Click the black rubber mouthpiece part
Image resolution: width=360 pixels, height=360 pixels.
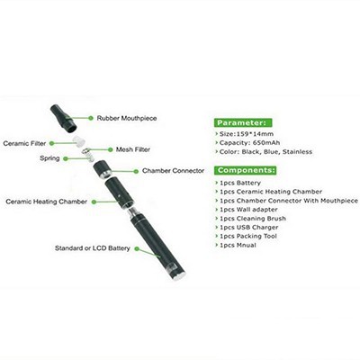(64, 118)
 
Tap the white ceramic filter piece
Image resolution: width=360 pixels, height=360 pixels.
(78, 140)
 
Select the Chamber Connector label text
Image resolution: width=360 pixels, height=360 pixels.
(173, 171)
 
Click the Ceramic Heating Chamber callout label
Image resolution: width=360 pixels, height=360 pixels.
(47, 202)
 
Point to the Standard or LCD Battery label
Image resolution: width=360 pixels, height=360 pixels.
(93, 248)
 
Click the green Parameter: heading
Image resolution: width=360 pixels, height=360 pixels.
(243, 122)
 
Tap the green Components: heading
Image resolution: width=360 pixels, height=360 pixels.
(246, 170)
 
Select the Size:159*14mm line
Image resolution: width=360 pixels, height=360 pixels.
(247, 134)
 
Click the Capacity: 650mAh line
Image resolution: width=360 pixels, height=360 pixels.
(249, 143)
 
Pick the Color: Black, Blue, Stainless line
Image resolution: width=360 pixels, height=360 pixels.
(265, 152)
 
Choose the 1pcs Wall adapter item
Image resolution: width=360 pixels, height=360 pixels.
(248, 210)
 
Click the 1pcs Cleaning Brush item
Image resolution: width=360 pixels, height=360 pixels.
(253, 219)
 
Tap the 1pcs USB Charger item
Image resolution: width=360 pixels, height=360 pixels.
(249, 228)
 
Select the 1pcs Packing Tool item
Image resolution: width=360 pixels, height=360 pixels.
(248, 236)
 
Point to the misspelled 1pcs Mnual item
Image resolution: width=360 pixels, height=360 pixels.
(238, 245)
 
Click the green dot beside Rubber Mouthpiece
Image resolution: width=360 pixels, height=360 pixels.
(91, 118)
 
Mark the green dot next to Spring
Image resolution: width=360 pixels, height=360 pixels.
(65, 158)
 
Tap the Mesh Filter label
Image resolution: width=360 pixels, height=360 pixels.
(133, 149)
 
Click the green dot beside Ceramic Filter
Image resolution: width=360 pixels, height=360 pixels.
(52, 143)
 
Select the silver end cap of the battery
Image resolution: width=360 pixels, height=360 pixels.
(178, 276)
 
